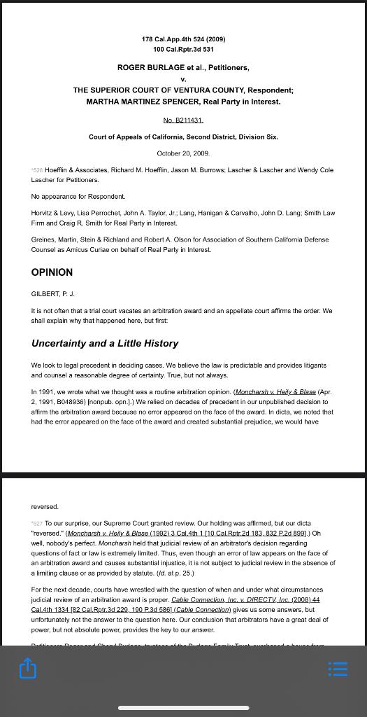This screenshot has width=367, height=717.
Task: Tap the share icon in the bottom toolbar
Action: [27, 669]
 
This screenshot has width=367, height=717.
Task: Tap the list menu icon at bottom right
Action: [338, 669]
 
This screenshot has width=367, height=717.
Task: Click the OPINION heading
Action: [52, 272]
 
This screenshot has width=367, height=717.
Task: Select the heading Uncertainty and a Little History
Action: [105, 343]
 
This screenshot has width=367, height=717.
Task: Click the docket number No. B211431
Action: [182, 120]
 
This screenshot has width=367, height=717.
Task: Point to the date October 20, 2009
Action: [183, 153]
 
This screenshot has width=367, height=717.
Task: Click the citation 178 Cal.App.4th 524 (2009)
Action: [183, 39]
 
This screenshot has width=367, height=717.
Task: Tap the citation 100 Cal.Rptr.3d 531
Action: [183, 50]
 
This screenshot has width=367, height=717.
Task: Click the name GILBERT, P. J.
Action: [53, 293]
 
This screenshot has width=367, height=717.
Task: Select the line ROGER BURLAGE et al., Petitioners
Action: [183, 68]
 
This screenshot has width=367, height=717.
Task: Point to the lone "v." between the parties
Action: [183, 79]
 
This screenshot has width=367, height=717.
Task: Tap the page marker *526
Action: [37, 170]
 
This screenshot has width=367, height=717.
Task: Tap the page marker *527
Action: [37, 523]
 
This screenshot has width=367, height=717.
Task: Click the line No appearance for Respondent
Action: [78, 197]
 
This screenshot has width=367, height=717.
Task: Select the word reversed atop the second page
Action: [45, 506]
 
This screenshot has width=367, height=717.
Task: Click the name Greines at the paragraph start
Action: [43, 239]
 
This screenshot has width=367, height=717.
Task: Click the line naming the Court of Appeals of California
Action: [183, 137]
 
